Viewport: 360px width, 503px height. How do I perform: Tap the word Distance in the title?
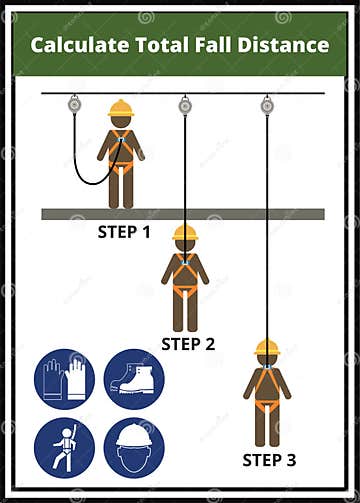click(289, 45)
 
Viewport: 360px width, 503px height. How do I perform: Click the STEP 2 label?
click(188, 344)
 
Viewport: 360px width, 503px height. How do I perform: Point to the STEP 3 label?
click(270, 460)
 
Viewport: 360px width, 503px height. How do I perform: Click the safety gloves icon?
click(64, 379)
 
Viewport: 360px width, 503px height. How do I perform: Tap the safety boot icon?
click(134, 379)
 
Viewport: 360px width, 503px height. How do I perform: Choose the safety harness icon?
click(64, 447)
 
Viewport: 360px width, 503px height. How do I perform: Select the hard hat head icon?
click(134, 447)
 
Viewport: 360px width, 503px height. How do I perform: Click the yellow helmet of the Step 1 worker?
click(121, 108)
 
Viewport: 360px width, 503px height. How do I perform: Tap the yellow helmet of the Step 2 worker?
click(185, 234)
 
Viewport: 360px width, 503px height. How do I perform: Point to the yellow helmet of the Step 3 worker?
click(267, 347)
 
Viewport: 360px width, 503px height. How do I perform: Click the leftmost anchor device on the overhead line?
click(75, 103)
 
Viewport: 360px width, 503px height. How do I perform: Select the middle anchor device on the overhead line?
click(185, 104)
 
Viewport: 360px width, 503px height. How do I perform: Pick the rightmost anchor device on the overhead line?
click(267, 104)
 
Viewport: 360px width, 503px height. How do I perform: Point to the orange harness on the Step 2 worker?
click(185, 278)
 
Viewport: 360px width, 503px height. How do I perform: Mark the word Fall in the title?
click(223, 45)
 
